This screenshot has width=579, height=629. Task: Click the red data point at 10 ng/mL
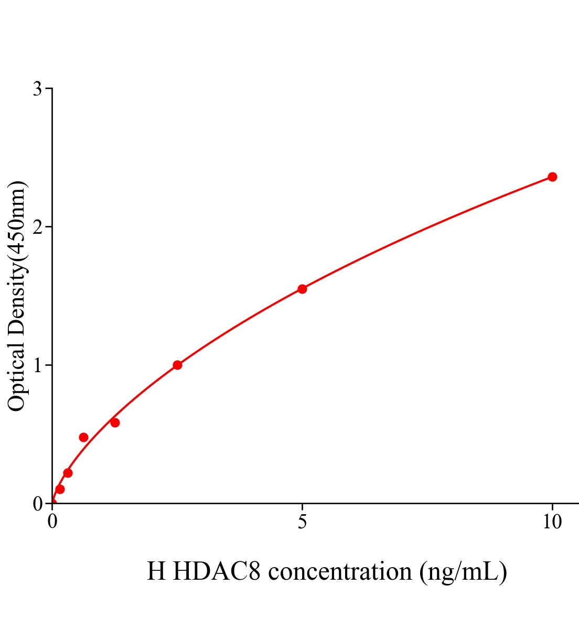[x=552, y=177]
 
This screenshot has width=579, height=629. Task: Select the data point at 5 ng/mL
[x=302, y=289]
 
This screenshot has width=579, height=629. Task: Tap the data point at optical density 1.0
[x=177, y=365]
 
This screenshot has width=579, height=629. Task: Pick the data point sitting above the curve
[x=83, y=437]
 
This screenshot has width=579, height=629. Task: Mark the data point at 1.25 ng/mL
[x=115, y=422]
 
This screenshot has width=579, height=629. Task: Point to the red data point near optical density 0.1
[x=60, y=489]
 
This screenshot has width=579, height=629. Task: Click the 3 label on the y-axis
[x=37, y=89]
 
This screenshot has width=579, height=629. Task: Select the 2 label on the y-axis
[x=37, y=227]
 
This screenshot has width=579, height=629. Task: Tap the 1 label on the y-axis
[x=37, y=365]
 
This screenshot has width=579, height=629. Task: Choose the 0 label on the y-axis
[x=37, y=504]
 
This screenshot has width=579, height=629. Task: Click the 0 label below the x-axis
[x=52, y=522]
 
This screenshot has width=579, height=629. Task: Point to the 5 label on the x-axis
[x=302, y=522]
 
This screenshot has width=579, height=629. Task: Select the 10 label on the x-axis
[x=552, y=522]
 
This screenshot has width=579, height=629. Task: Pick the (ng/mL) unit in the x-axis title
[x=463, y=571]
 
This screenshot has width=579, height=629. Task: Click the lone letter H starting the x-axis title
[x=156, y=571]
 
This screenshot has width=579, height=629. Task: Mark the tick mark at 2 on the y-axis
[x=49, y=227]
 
